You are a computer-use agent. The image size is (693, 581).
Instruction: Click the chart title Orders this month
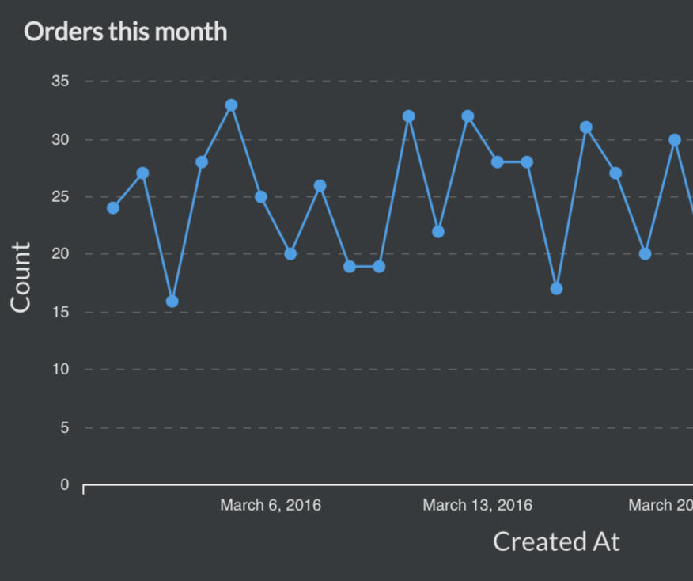pos(126,32)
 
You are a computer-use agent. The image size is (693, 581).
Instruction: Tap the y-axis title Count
pos(21,277)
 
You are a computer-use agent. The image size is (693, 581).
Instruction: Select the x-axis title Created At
pos(556,541)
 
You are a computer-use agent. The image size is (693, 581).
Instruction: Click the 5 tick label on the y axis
pos(64,427)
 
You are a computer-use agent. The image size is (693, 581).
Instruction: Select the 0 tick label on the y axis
pos(64,485)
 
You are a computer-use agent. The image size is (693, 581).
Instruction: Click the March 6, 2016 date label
pos(271,505)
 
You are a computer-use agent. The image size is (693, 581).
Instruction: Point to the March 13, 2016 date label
pos(477,505)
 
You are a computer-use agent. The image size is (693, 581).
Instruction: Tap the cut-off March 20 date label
pos(661,505)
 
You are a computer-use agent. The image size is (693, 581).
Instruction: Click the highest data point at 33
pos(231,105)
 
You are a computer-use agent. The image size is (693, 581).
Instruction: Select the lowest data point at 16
pos(172,301)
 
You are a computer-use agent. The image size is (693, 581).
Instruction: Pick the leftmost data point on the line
pos(113,208)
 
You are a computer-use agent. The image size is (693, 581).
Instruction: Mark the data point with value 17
pos(556,289)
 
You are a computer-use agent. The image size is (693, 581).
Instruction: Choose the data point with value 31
pos(585,127)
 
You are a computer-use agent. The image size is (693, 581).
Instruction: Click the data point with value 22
pos(438,231)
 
